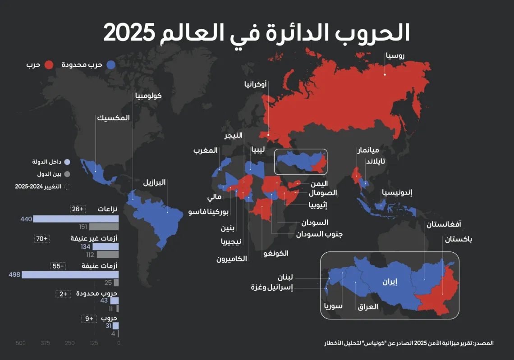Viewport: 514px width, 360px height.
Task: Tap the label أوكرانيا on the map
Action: coord(255,84)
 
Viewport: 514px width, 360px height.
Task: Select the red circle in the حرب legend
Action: coord(50,65)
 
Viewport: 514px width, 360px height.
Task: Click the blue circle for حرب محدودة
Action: coord(111,65)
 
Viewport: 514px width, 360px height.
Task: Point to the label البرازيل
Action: coord(155,183)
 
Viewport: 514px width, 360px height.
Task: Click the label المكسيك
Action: coord(113,118)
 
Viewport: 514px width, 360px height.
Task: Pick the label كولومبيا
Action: coord(147,96)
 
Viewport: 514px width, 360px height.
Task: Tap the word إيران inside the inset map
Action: coord(390,283)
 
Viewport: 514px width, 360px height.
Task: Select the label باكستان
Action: coord(459,240)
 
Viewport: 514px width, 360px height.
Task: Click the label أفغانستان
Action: coord(444,224)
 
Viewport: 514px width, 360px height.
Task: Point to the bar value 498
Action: coord(14,275)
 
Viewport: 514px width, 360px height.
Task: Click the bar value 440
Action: coord(26,219)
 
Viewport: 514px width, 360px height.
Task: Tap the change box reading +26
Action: coord(78,210)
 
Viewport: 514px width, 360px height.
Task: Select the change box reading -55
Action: coord(58,266)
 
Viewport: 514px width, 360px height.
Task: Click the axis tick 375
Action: coord(45,343)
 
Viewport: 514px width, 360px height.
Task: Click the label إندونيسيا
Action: coord(397,192)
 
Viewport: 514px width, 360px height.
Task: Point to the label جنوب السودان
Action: coord(320,234)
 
